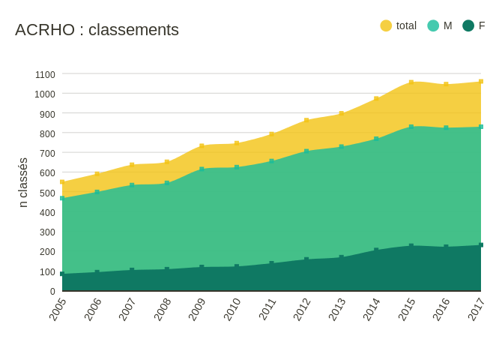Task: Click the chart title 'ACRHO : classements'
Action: (97, 30)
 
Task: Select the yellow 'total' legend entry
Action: (398, 25)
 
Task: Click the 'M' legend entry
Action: (440, 25)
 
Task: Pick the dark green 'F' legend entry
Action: (474, 25)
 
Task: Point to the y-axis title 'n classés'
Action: (22, 182)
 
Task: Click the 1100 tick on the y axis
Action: (45, 74)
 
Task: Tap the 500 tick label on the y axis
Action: (47, 193)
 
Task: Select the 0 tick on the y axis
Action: (52, 291)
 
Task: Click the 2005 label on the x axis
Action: (58, 309)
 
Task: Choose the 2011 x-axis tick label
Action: (267, 309)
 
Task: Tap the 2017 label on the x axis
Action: (477, 309)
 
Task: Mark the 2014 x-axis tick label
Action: (372, 309)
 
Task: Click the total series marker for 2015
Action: (411, 82)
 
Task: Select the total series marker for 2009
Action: (202, 146)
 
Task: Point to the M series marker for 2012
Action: (306, 151)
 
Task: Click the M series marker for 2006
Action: (97, 192)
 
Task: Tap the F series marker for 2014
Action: (376, 250)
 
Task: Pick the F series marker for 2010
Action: (237, 266)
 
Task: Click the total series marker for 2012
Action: (306, 120)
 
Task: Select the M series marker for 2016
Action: (446, 127)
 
